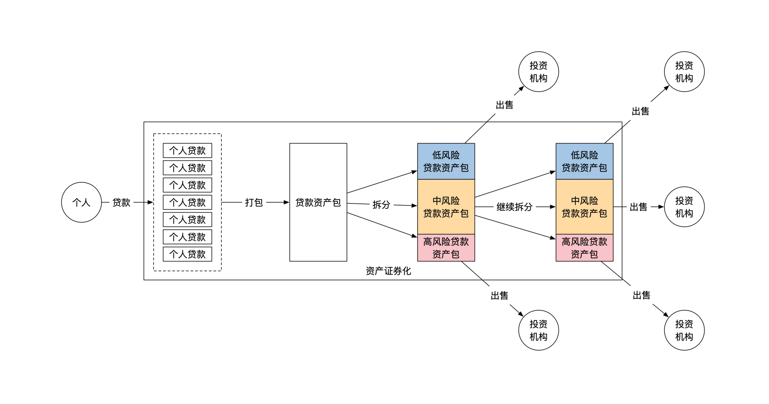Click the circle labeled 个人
81,202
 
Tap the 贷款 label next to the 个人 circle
121,202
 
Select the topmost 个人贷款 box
187,150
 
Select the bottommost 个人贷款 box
187,254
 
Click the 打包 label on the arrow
254,202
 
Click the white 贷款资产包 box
318,202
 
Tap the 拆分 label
381,205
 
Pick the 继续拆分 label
514,207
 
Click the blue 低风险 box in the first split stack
446,161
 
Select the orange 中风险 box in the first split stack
446,207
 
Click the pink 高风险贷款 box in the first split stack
446,248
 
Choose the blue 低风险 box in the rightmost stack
584,161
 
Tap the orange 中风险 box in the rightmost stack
584,207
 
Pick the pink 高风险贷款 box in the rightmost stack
584,248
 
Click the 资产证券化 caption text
388,271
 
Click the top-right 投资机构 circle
684,72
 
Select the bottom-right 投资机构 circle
684,330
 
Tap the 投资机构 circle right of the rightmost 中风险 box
684,207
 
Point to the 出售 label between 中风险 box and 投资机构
638,207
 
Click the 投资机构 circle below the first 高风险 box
538,330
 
